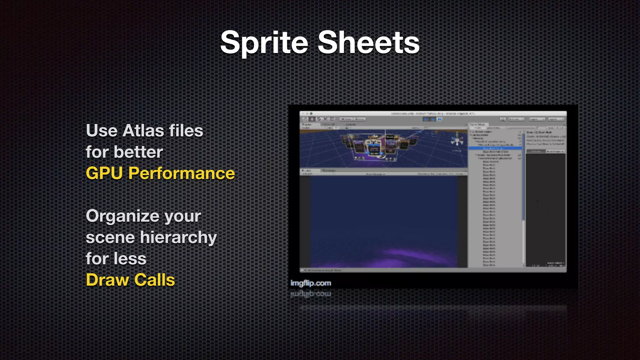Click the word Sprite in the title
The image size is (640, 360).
pos(264,43)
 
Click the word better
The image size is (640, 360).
pos(138,152)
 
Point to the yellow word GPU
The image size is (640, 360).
pos(104,173)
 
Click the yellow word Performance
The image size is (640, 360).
pos(181,173)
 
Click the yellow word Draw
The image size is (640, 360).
pos(107,280)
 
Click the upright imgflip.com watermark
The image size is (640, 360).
pos(310,283)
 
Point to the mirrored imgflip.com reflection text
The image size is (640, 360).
pos(310,294)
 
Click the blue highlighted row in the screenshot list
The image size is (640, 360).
pos(495,148)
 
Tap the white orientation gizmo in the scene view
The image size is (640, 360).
pos(457,139)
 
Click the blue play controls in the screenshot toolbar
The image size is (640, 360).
pos(432,119)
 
